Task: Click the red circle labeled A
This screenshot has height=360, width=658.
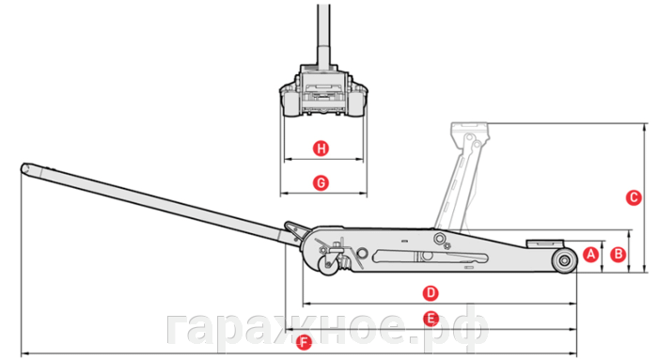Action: [591, 254]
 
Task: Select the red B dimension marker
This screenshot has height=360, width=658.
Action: [618, 254]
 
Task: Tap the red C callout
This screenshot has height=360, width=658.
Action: [634, 197]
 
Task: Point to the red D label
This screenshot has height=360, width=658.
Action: [431, 293]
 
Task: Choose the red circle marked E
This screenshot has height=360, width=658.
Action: [431, 319]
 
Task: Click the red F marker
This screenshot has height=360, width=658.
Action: [304, 342]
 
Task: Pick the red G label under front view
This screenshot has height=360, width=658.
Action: [321, 183]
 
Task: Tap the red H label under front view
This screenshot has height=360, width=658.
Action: [321, 149]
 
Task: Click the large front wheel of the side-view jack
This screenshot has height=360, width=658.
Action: [564, 260]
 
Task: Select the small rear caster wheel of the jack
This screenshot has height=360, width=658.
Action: [329, 265]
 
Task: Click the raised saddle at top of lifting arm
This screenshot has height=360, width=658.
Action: [470, 132]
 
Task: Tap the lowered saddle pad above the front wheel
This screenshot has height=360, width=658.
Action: [545, 243]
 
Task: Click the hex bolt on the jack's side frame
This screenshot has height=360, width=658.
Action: [439, 239]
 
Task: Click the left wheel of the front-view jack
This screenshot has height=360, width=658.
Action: [292, 102]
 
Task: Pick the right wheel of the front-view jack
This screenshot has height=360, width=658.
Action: [356, 102]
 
